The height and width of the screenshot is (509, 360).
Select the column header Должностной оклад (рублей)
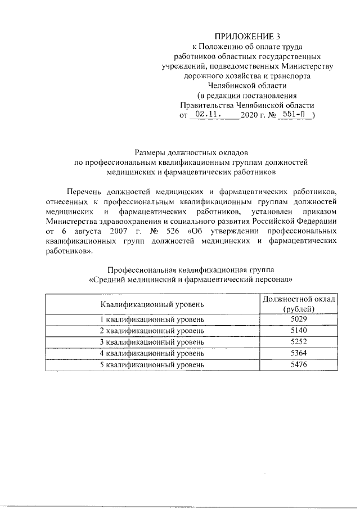(299, 304)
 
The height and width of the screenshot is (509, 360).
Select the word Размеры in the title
(152, 152)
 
